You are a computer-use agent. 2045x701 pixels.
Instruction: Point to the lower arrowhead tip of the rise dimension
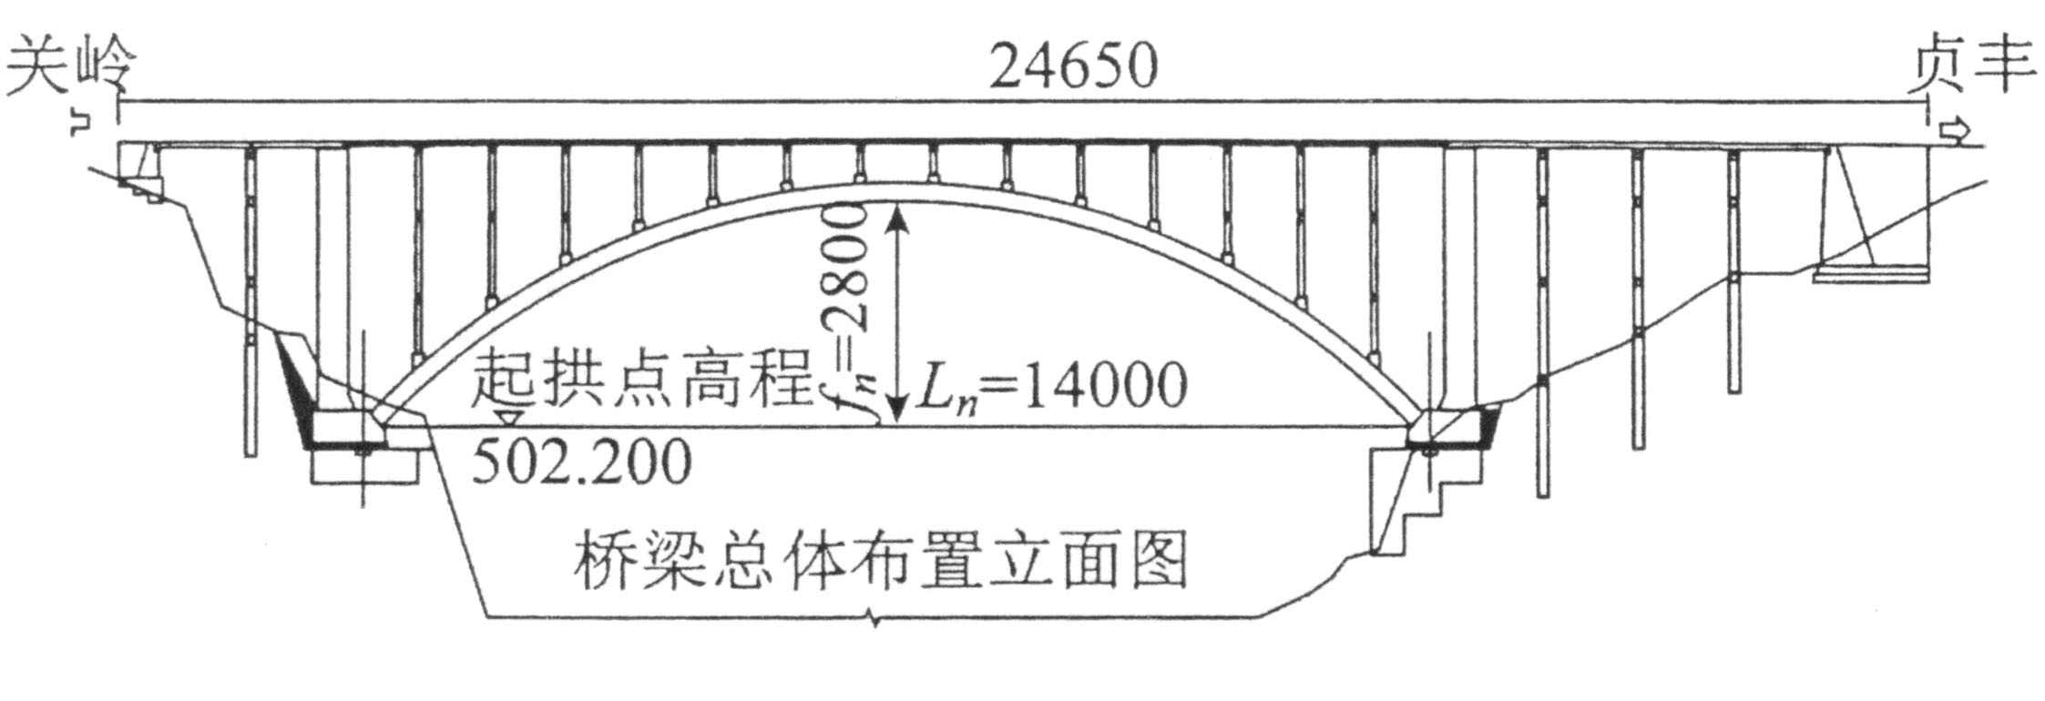[x=898, y=424]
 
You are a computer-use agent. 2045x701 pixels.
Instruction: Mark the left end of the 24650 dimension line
[x=118, y=102]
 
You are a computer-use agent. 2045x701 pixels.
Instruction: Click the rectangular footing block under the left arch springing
[x=364, y=465]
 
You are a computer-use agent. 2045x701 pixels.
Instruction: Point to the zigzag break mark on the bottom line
[x=874, y=623]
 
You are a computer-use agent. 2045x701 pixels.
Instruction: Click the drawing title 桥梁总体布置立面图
[x=880, y=559]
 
